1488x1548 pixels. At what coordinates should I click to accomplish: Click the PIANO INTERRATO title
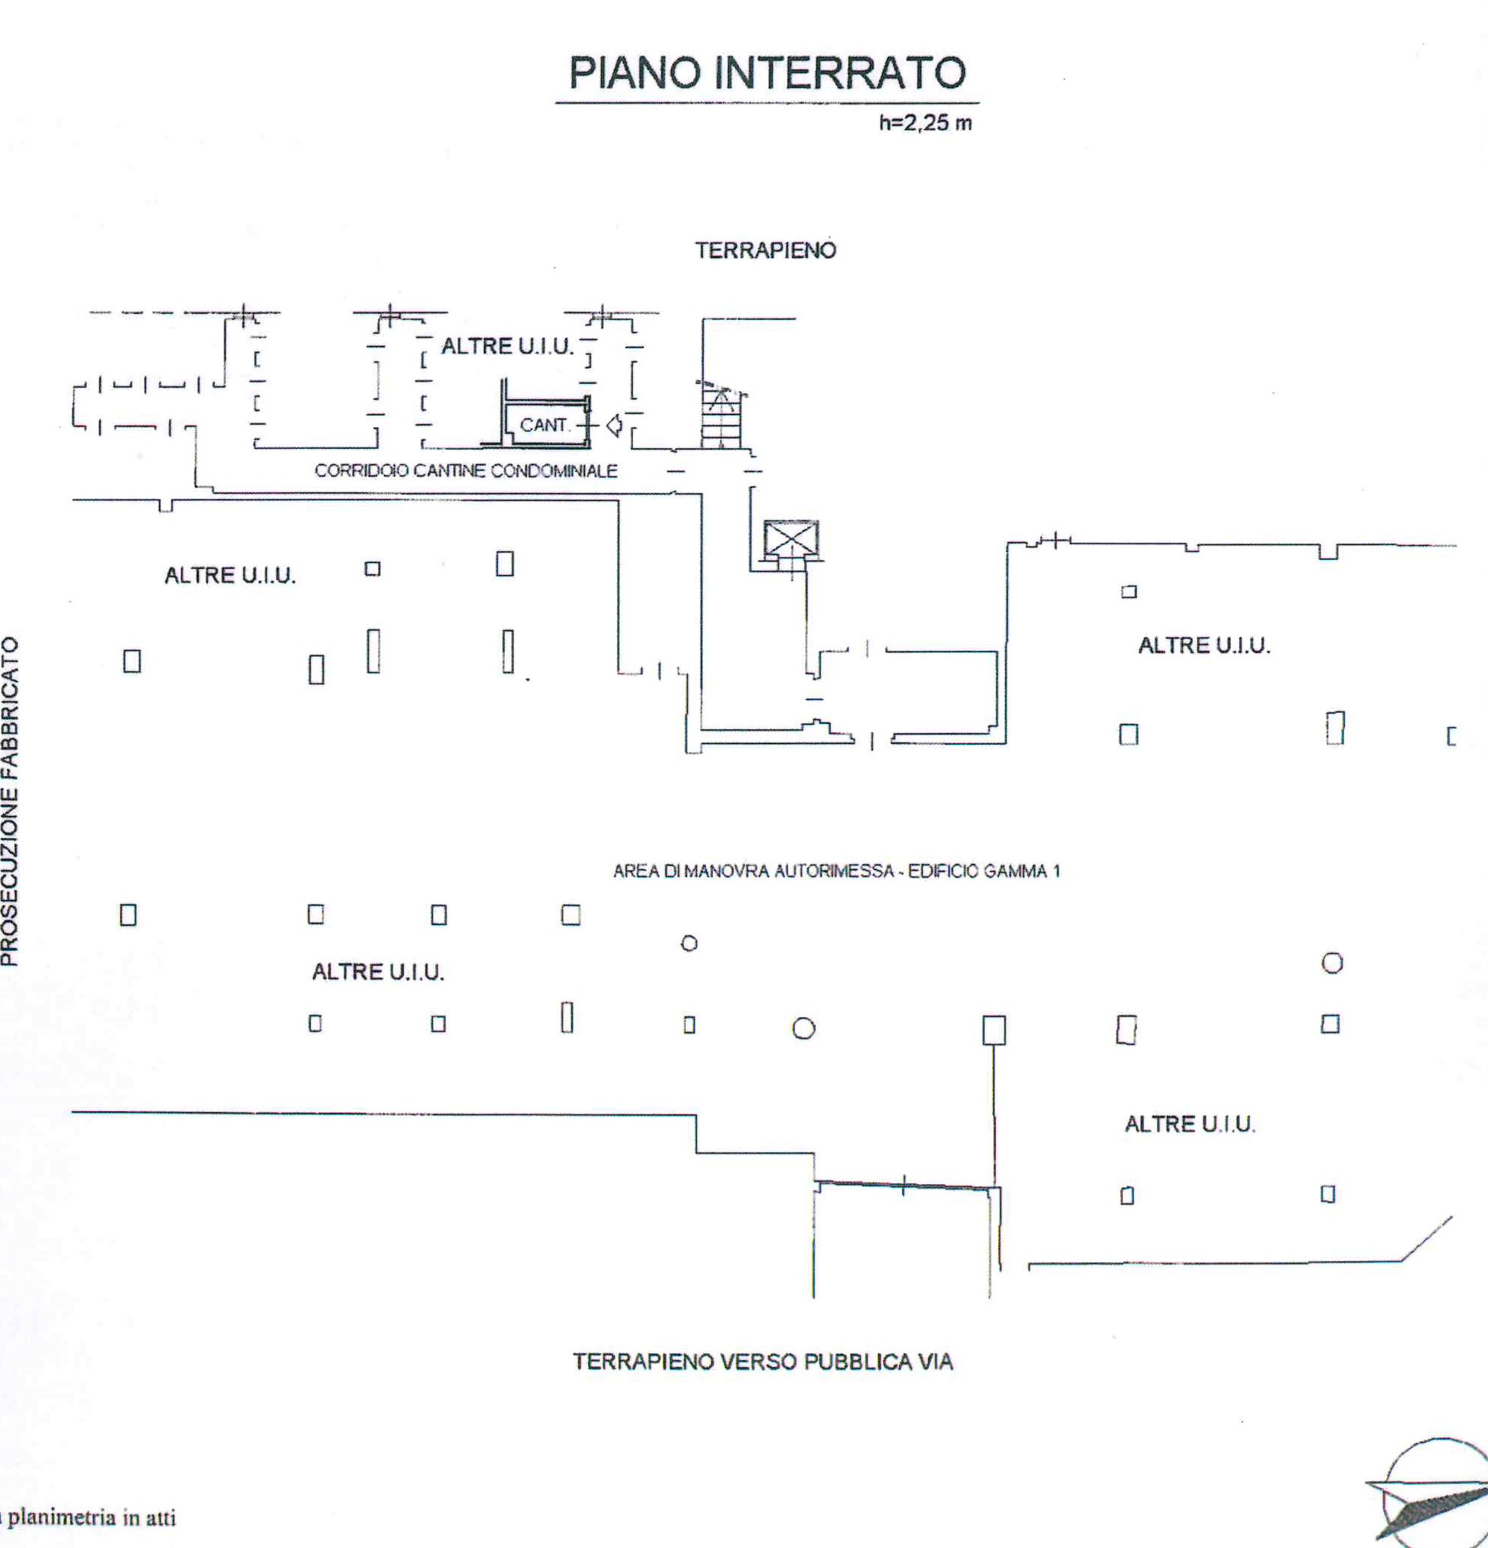click(767, 74)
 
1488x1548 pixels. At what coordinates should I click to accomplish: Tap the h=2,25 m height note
click(925, 122)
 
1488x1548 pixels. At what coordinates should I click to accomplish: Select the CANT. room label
click(544, 425)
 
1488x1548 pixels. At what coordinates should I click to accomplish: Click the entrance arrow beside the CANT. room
click(614, 426)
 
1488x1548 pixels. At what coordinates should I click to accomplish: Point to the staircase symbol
click(721, 415)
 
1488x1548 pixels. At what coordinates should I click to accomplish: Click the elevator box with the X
click(791, 541)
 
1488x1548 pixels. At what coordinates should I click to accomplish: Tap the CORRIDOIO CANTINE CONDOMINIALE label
click(466, 471)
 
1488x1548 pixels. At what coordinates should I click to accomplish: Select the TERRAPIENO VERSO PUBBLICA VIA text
click(763, 1362)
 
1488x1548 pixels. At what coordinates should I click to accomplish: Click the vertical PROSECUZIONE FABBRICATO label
click(10, 801)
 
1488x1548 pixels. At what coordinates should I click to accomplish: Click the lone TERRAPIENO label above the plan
click(766, 251)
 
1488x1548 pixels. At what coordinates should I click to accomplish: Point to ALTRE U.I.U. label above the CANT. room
click(507, 346)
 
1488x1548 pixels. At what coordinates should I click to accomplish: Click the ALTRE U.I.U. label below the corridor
click(230, 575)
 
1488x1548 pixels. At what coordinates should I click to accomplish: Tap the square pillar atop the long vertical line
click(994, 1030)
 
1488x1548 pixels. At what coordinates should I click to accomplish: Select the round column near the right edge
click(1331, 963)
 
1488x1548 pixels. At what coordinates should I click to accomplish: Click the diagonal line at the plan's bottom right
click(1426, 1239)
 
